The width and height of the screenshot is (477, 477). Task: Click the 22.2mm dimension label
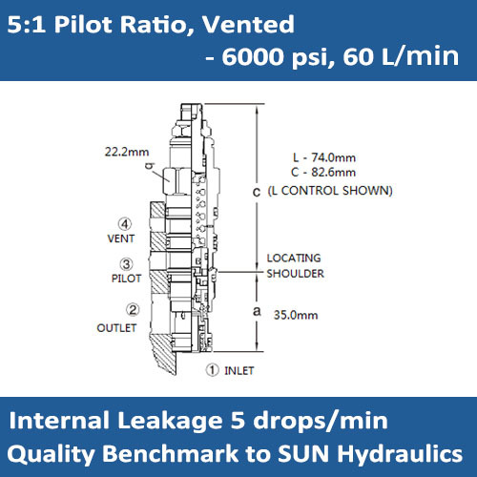(128, 151)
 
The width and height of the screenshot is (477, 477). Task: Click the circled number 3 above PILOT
(126, 264)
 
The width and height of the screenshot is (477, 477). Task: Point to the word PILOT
(126, 279)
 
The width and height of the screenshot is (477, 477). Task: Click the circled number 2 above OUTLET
(133, 309)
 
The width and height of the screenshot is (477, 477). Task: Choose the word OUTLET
(117, 327)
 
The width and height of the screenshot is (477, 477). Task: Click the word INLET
(241, 369)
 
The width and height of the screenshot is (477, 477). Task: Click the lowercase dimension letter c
(256, 191)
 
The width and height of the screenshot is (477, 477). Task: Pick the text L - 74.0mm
(322, 158)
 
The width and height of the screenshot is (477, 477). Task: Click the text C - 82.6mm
(322, 173)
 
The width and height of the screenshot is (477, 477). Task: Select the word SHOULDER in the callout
(295, 273)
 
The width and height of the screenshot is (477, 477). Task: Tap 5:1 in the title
(27, 22)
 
